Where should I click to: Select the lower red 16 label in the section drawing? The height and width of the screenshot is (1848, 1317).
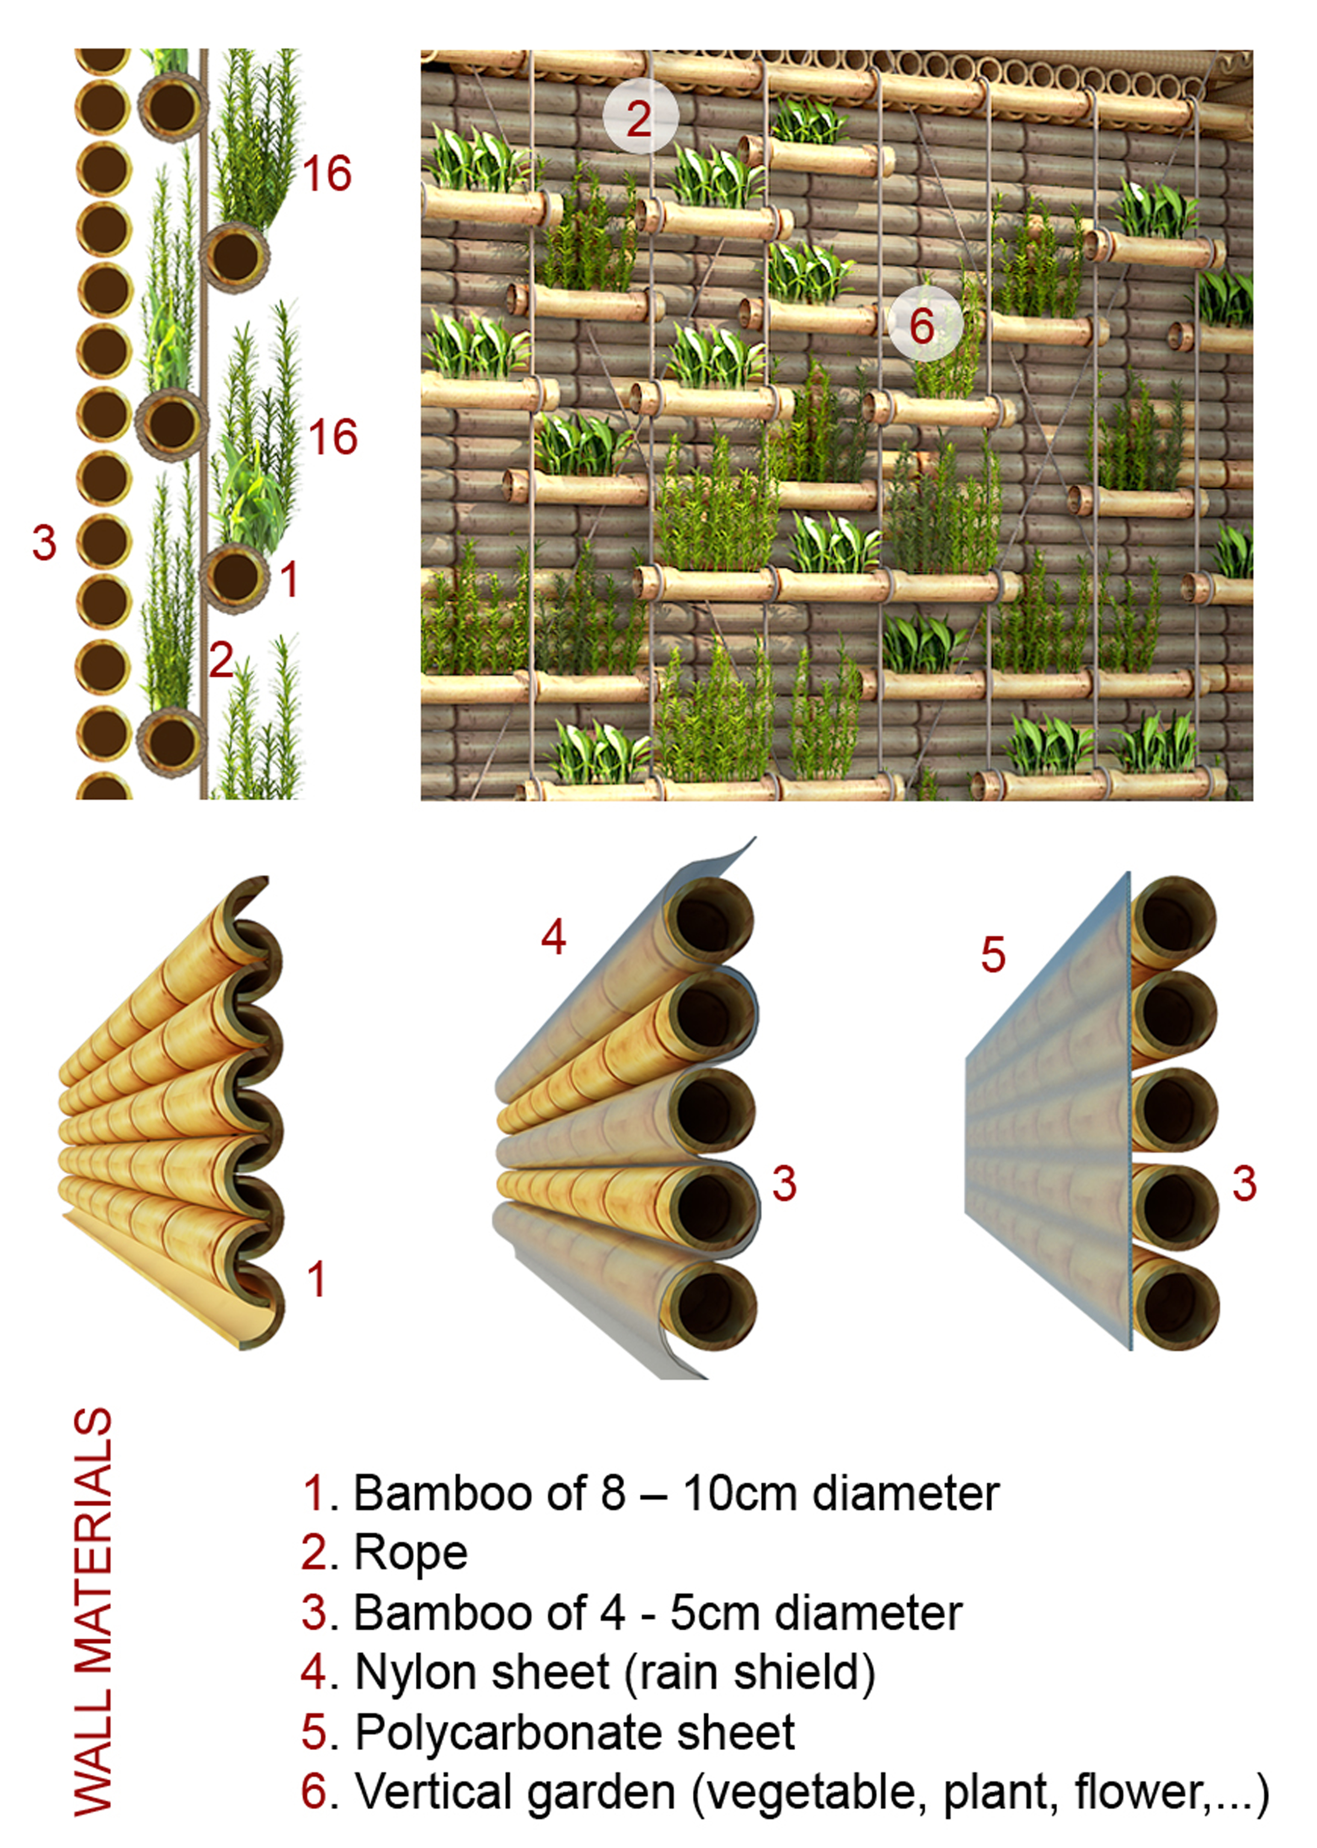(x=332, y=437)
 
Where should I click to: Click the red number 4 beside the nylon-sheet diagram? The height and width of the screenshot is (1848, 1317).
(x=553, y=938)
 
